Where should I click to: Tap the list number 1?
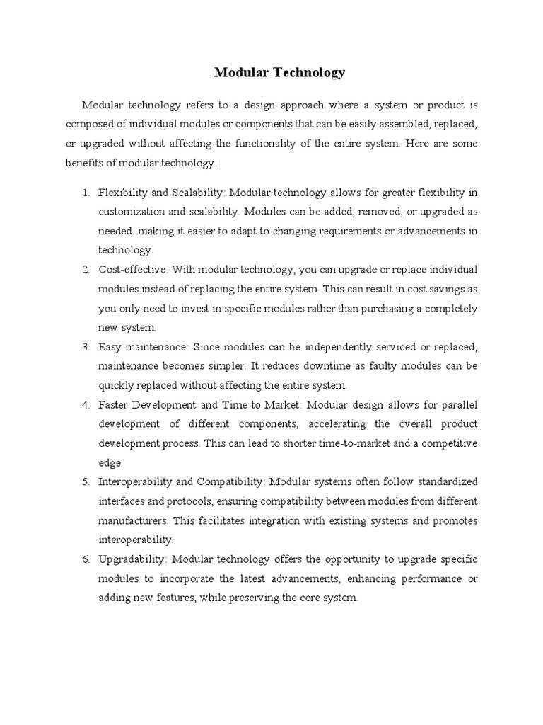[x=85, y=193]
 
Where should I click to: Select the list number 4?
[x=85, y=405]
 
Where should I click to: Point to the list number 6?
[x=85, y=559]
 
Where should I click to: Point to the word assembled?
[x=382, y=124]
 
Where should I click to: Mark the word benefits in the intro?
[x=85, y=163]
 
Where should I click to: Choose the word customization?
[x=132, y=212]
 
